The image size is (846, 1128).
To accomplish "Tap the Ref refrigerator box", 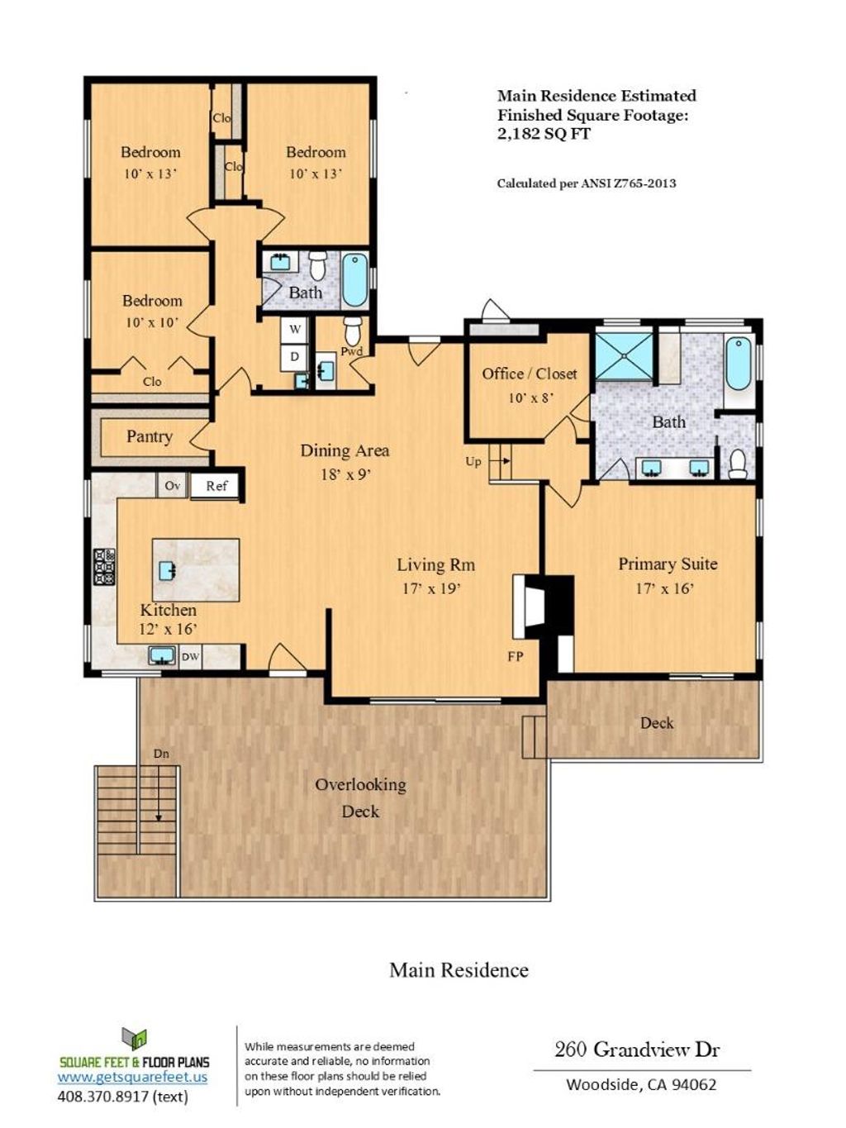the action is [216, 486].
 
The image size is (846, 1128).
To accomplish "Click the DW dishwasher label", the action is [190, 657].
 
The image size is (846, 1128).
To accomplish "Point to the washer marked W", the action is [294, 329].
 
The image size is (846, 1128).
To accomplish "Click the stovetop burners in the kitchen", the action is [104, 567].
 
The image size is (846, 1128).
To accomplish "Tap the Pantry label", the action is [149, 437].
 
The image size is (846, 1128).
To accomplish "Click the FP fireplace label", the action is [516, 656].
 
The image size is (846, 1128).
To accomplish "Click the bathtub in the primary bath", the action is [739, 363].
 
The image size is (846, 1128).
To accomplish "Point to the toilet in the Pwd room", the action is [353, 331].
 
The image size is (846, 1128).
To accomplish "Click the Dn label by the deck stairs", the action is [161, 754].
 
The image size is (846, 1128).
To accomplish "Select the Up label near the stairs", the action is [473, 461].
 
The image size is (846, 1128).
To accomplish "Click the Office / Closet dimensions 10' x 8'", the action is [530, 397].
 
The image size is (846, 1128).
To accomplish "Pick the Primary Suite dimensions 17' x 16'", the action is [665, 588].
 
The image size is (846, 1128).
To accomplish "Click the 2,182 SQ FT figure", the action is [544, 134].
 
